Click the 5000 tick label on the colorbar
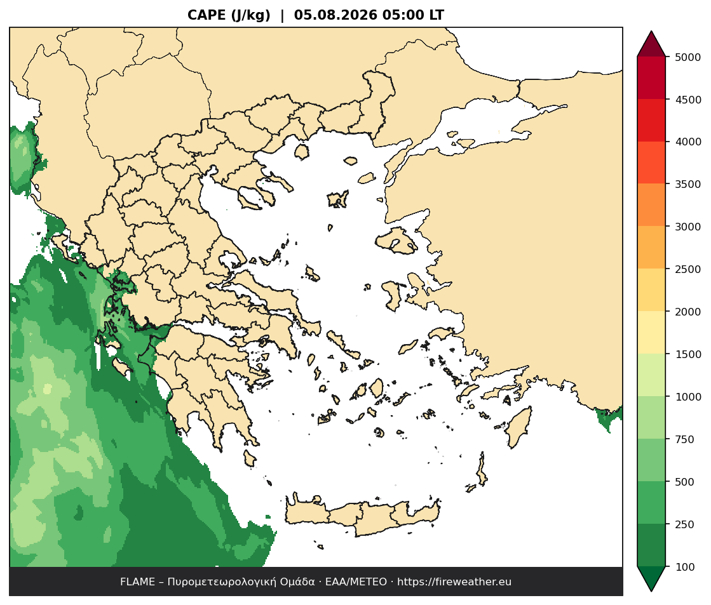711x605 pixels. [687, 57]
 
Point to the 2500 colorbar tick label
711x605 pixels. [687, 269]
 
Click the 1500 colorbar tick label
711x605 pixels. [687, 354]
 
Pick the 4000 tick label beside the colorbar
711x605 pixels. [687, 142]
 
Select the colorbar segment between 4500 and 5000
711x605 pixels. [651, 78]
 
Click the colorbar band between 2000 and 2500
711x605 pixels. [651, 290]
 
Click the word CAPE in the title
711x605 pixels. [207, 15]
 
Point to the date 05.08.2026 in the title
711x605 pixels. [335, 15]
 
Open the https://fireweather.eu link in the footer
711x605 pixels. [454, 582]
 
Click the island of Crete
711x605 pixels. [363, 515]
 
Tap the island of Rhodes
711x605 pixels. [518, 427]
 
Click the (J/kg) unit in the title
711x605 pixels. [251, 15]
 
